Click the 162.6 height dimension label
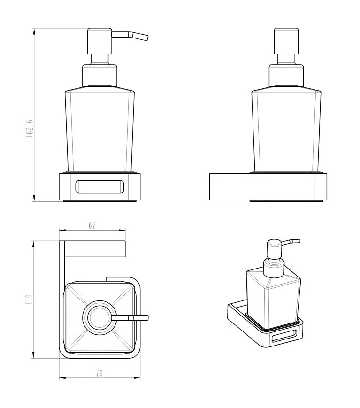click(30, 129)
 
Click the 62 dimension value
click(92, 225)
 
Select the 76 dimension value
click(100, 373)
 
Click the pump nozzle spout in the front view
click(130, 35)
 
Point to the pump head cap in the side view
click(286, 41)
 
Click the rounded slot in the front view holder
click(100, 186)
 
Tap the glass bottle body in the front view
click(100, 131)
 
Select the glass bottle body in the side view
click(286, 131)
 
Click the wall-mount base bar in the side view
click(268, 187)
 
